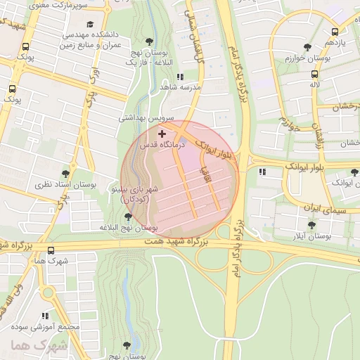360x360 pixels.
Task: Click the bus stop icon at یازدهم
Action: pyautogui.click(x=334, y=32)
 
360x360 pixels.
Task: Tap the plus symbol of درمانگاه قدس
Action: pyautogui.click(x=162, y=134)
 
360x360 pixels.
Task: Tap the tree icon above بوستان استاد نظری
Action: pyautogui.click(x=65, y=173)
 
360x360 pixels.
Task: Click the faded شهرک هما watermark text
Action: pyautogui.click(x=39, y=346)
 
